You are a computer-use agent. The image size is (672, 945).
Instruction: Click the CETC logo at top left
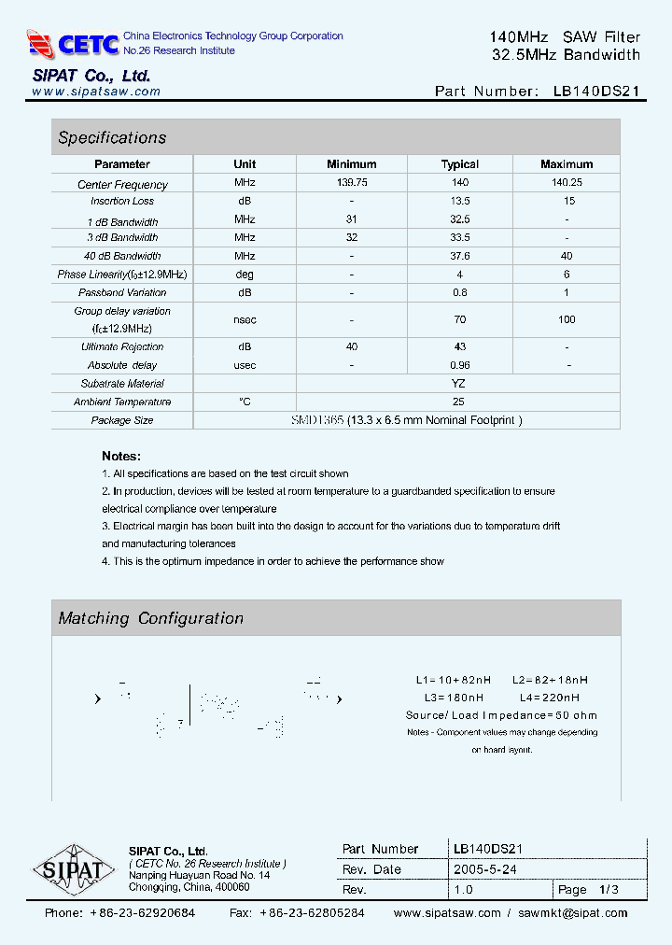[73, 43]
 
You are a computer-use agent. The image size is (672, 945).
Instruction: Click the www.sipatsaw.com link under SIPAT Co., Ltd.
[96, 92]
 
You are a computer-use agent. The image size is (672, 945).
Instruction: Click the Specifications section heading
[112, 137]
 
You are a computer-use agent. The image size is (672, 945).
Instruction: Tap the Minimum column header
[352, 164]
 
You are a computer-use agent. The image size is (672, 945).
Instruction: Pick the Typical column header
[459, 164]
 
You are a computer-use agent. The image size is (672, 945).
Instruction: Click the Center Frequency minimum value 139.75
[352, 183]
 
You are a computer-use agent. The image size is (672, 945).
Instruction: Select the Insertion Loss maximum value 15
[567, 201]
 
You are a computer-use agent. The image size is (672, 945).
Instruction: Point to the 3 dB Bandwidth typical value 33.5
[459, 237]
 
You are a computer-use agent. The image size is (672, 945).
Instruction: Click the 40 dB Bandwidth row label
[122, 256]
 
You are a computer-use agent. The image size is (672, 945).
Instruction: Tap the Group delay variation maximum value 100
[567, 319]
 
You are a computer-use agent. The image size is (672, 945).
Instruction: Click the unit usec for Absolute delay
[245, 365]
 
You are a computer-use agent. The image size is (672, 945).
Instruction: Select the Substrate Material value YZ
[458, 384]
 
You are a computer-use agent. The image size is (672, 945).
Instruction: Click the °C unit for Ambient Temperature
[245, 402]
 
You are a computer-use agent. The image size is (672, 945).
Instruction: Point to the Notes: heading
[121, 457]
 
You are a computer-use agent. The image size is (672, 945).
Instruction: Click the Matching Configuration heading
[151, 618]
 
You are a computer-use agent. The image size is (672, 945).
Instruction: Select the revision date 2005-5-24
[484, 869]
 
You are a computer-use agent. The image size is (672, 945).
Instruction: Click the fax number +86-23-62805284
[312, 913]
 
